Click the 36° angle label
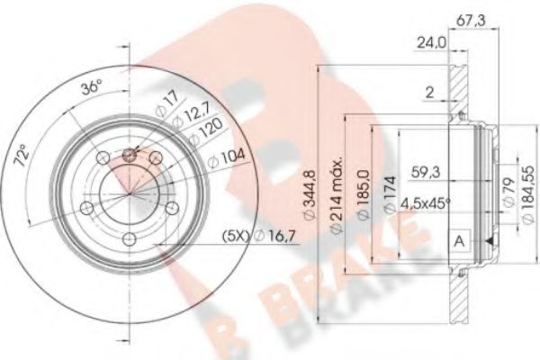[x=90, y=88]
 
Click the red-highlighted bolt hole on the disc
[x=128, y=155]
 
